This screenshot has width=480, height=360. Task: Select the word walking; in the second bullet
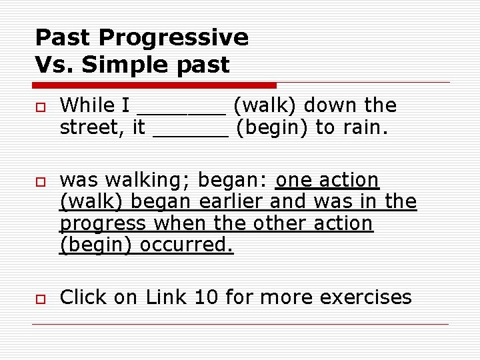click(149, 181)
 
